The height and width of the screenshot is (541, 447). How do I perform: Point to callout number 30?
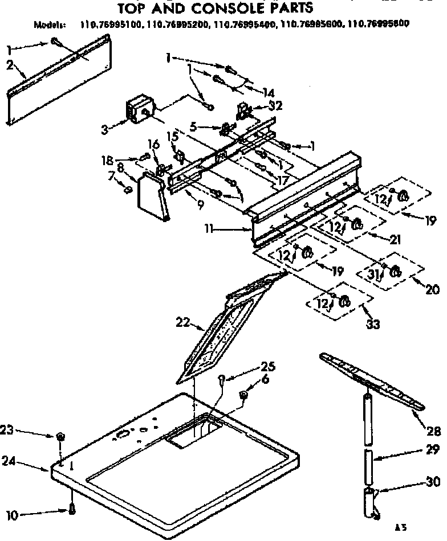pyautogui.click(x=433, y=482)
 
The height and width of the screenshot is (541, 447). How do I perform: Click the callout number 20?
pyautogui.click(x=433, y=290)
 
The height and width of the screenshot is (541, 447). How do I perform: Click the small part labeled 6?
pyautogui.click(x=243, y=394)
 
